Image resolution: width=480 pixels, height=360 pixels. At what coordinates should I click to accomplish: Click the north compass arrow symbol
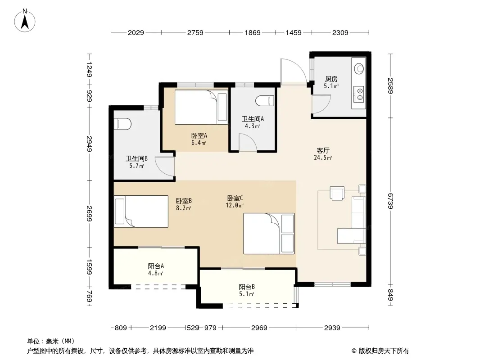(25, 20)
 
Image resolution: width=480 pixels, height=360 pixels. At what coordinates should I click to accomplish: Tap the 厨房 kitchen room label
(331, 79)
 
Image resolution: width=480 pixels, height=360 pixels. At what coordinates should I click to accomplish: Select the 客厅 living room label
(323, 150)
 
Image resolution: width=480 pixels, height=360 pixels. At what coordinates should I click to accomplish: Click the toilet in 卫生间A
(265, 101)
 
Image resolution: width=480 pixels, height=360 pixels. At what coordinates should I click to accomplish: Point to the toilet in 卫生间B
(122, 124)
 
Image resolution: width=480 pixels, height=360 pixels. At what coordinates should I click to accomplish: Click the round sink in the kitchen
(359, 68)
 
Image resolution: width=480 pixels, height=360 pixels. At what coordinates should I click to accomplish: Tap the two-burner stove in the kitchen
(359, 94)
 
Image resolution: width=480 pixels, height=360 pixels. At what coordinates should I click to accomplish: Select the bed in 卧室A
(201, 107)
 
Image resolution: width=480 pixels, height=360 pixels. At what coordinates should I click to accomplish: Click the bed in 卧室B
(141, 211)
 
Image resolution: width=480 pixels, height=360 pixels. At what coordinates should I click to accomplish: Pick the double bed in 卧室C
(269, 234)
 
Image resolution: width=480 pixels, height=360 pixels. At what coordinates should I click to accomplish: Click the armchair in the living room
(337, 193)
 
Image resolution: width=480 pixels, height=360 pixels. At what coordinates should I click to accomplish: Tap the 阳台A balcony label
(156, 266)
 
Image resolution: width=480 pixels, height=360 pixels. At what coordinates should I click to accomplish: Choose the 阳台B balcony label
(247, 287)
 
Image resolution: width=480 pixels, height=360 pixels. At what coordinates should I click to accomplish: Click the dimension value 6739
(390, 201)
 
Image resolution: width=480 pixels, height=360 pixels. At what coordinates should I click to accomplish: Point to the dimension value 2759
(195, 32)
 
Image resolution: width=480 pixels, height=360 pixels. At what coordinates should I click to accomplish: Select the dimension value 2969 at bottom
(259, 328)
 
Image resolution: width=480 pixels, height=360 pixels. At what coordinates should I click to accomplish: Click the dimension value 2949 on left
(89, 144)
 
